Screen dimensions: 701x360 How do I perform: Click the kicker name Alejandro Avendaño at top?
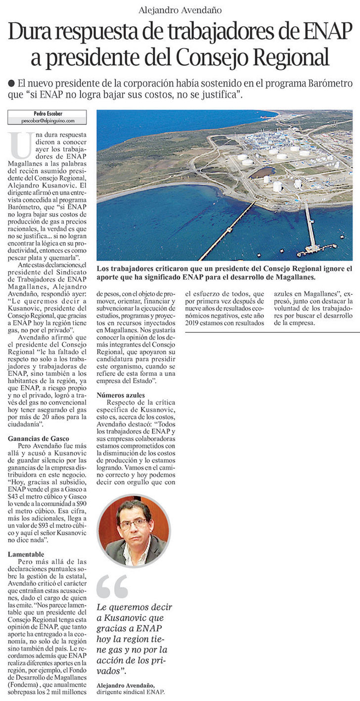[180, 10]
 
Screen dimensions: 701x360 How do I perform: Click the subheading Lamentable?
[26, 554]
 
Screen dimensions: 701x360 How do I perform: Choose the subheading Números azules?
[121, 395]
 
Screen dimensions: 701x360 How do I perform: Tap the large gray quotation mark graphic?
[112, 587]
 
